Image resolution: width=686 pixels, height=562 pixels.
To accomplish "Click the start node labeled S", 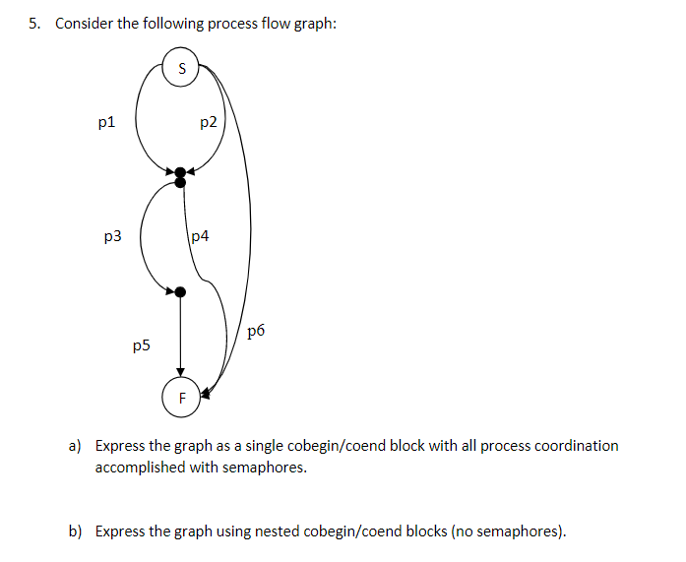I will click(x=180, y=67).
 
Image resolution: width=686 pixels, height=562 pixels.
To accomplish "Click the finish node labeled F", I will click(x=180, y=398).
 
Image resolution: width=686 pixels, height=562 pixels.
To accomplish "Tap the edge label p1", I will click(x=106, y=123).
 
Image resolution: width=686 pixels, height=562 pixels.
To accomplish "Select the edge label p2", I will click(x=208, y=123).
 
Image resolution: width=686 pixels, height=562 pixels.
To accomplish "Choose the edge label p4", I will click(x=199, y=236).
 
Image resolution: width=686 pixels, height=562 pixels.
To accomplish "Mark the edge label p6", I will click(x=256, y=331).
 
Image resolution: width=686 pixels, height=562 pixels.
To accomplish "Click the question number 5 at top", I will click(x=34, y=24).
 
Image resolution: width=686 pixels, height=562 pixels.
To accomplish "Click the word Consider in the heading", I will click(x=85, y=24).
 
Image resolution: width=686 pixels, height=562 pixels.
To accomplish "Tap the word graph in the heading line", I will click(x=311, y=24).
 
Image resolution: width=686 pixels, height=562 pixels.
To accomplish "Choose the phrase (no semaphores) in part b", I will click(x=509, y=532).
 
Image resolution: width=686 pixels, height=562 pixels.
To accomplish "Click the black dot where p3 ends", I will click(x=180, y=290).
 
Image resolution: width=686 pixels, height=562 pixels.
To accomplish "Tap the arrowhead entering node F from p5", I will click(x=180, y=372).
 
